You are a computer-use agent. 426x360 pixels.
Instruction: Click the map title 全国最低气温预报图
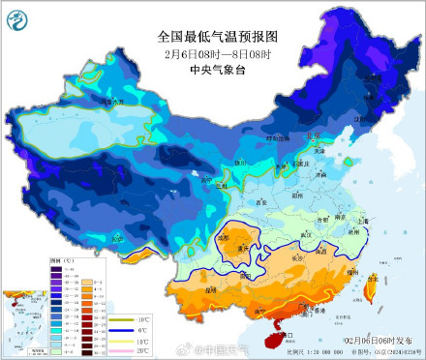pos(212,36)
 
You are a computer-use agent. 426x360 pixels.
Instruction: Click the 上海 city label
pos(361,221)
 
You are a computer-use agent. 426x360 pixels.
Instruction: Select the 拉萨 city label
pos(116,237)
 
